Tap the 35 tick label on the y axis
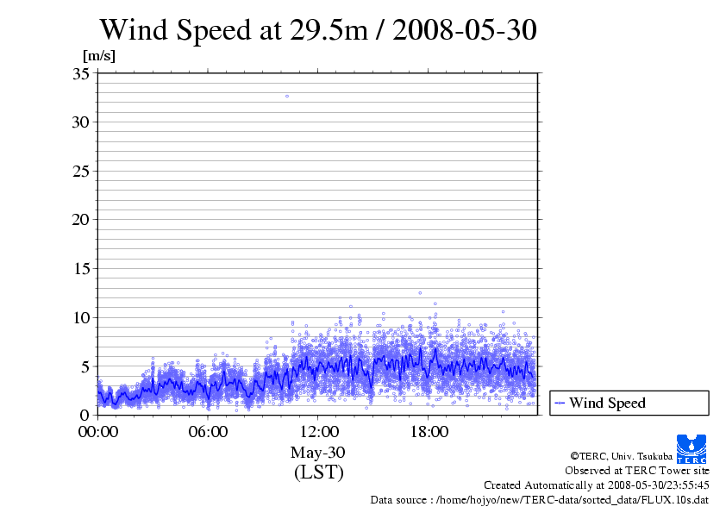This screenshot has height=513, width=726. point(81,73)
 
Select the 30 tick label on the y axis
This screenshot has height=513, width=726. point(81,122)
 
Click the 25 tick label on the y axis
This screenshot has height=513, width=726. point(81,171)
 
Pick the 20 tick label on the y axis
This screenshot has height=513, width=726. point(81,219)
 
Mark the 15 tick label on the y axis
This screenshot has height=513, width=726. point(81,268)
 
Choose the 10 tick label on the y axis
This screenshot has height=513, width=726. point(81,317)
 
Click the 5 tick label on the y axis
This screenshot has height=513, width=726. point(85,366)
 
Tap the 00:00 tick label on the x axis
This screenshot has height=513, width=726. point(98,431)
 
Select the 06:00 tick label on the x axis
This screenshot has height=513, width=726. point(209,431)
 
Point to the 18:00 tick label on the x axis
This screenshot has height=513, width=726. point(429,431)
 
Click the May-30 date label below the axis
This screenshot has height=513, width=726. point(318,453)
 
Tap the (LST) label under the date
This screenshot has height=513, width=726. point(318,472)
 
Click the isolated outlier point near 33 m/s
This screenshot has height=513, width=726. point(287,96)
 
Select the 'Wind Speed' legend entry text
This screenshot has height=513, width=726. point(607,403)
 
